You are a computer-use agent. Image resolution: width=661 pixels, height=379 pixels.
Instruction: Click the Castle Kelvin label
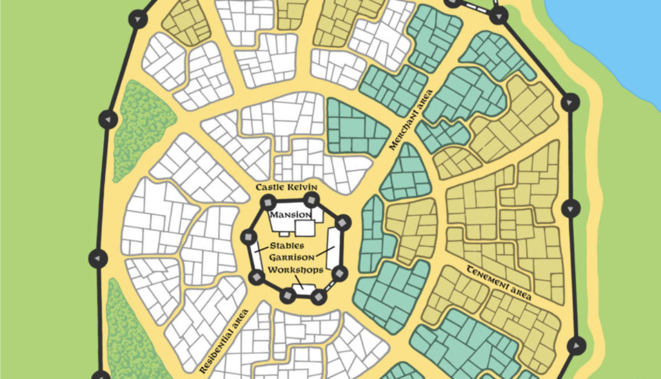pyautogui.click(x=286, y=188)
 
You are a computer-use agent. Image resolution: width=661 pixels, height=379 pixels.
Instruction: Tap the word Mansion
pyautogui.click(x=291, y=215)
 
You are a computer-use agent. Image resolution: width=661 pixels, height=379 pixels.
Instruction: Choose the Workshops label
pyautogui.click(x=296, y=270)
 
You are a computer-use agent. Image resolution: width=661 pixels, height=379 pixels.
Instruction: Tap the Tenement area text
pyautogui.click(x=499, y=283)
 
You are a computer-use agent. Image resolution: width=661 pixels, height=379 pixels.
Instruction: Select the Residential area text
pyautogui.click(x=225, y=341)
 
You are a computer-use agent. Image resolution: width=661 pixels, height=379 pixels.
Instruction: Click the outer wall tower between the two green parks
pyautogui.click(x=98, y=259)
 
